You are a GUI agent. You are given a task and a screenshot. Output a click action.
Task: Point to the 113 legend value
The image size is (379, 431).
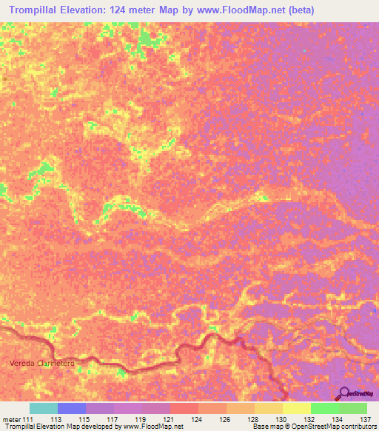click(x=56, y=420)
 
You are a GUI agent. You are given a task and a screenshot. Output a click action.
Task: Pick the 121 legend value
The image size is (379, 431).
click(x=169, y=420)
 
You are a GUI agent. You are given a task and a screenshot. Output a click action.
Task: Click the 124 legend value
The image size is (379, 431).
click(x=197, y=420)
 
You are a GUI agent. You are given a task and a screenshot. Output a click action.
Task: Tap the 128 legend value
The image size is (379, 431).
click(x=253, y=420)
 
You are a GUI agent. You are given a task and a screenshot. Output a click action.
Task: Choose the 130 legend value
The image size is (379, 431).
click(x=281, y=420)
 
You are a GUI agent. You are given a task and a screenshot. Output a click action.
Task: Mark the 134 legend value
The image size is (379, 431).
click(x=338, y=420)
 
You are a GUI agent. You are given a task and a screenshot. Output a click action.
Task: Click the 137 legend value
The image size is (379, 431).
click(x=365, y=420)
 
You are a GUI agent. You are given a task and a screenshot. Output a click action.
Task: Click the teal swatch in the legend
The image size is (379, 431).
click(x=43, y=408)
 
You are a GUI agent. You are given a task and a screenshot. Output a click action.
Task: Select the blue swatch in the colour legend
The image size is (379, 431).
click(x=71, y=408)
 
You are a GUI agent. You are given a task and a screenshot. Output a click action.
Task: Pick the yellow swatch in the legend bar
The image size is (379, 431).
click(x=296, y=408)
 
